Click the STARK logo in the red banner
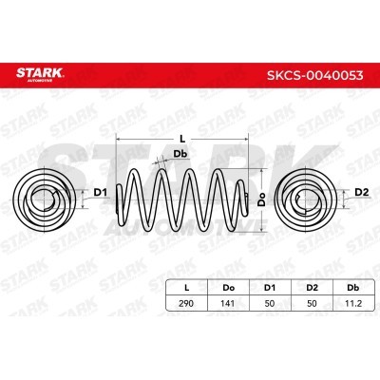(x=40, y=74)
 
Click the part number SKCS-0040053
(x=315, y=76)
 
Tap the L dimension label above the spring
(x=182, y=139)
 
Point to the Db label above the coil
(x=180, y=154)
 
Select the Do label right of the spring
(x=261, y=199)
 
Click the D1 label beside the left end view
(x=101, y=192)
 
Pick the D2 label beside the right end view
(x=362, y=192)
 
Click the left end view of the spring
(x=44, y=199)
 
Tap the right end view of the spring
(x=303, y=199)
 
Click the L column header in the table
(x=187, y=288)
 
